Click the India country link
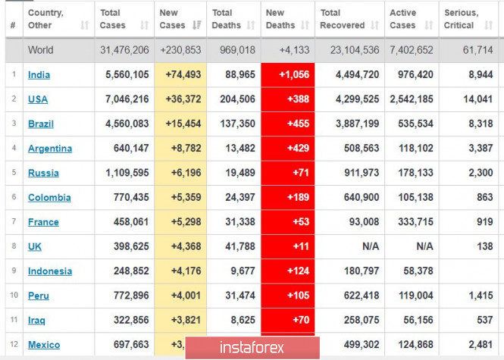coord(39,75)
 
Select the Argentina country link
coord(50,149)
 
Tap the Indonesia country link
coord(50,271)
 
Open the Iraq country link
coord(36,321)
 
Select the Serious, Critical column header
coord(461,19)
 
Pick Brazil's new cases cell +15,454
coord(180,124)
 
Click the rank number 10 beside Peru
coord(13,296)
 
